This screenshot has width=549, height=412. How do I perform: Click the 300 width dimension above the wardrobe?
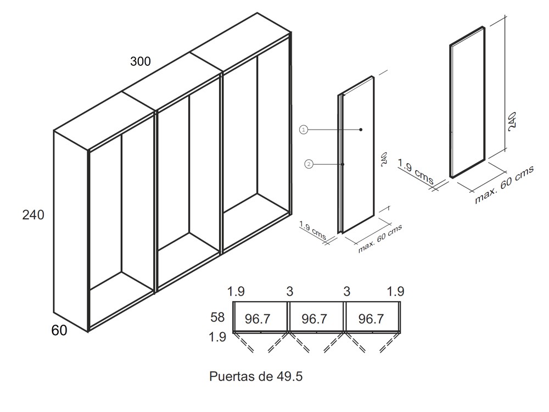point(141,62)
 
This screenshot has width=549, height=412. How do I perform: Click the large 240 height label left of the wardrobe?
point(33,215)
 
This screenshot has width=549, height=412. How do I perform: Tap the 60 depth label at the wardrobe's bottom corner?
point(59,330)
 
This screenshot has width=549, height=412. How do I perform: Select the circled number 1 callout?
point(303,130)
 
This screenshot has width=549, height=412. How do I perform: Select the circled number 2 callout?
point(309,164)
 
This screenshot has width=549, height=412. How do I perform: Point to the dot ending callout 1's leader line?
point(361,130)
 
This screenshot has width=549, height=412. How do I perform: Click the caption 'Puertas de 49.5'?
point(256,376)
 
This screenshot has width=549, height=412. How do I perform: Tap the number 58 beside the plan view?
point(217,318)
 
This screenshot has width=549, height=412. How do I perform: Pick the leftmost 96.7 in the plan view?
point(257,319)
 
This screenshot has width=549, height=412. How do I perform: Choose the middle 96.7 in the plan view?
point(315,319)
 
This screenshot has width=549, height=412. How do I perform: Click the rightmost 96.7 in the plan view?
point(371,319)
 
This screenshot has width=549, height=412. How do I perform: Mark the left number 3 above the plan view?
point(289,292)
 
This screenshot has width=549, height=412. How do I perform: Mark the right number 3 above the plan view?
point(346,292)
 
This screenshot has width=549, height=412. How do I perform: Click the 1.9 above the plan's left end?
point(236,291)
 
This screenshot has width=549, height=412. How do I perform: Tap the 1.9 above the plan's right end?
point(396,291)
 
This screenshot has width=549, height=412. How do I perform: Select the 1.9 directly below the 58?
point(217,337)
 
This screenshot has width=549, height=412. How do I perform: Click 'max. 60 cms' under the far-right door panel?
point(504,184)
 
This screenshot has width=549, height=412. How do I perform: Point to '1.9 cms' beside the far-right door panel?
point(416,171)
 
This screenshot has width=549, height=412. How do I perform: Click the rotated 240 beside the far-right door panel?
point(512,121)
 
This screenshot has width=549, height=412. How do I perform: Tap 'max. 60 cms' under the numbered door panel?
point(380,238)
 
